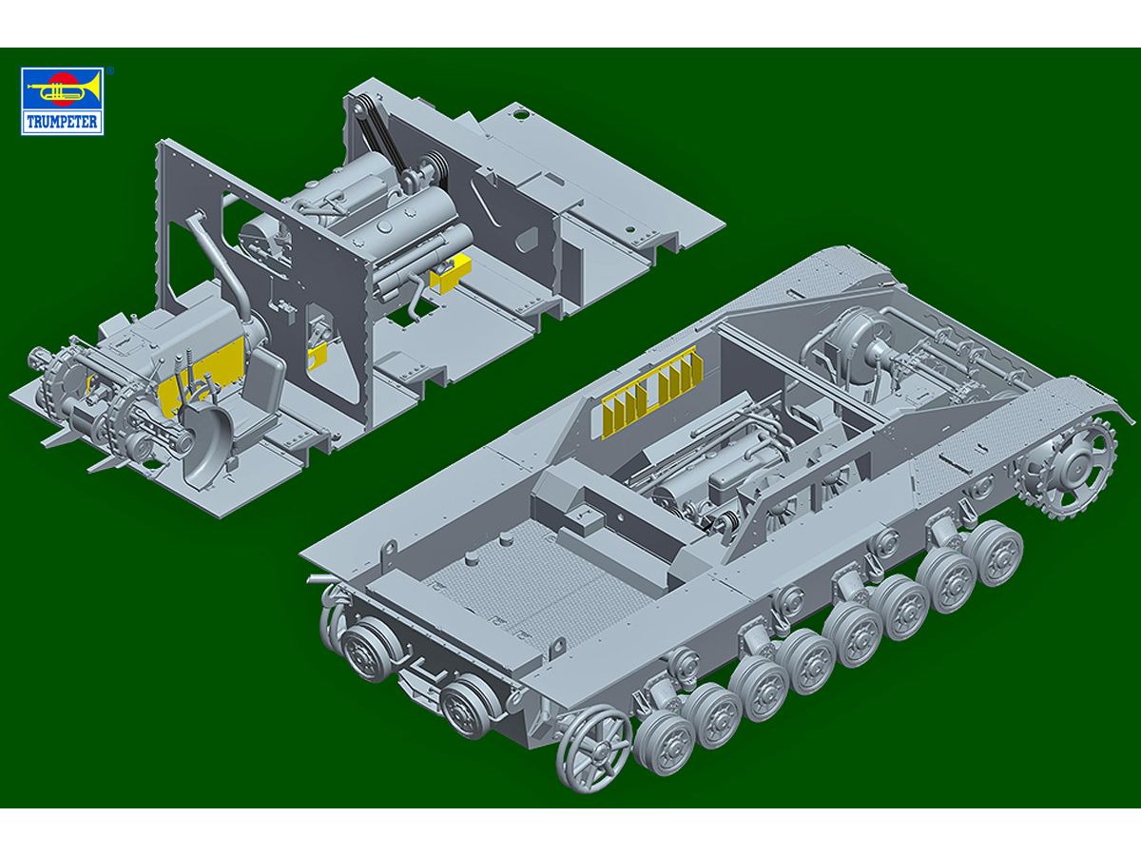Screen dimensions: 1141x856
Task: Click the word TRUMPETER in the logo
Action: coord(63,122)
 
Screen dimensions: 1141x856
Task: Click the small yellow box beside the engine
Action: coord(451,273)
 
